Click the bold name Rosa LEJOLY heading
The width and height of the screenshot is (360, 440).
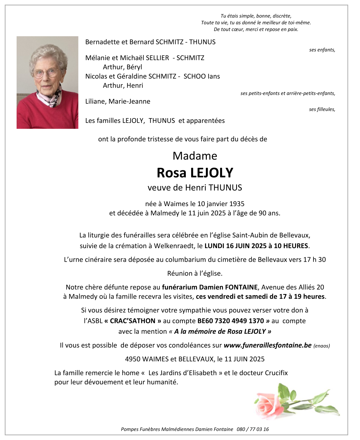pos(195,173)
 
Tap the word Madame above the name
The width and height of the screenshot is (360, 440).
pos(195,156)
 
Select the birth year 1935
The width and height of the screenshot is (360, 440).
pos(237,204)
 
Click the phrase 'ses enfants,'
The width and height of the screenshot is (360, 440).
pos(322,50)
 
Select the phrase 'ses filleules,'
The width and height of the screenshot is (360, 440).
pos(322,109)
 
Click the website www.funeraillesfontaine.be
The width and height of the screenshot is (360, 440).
pos(267,345)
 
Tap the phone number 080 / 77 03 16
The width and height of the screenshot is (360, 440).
pos(253,429)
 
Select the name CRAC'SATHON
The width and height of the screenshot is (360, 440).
pos(132,321)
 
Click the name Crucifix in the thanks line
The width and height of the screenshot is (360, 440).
pos(276,373)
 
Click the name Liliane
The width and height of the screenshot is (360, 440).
pos(96,101)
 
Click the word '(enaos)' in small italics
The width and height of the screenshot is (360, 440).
pos(321,346)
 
